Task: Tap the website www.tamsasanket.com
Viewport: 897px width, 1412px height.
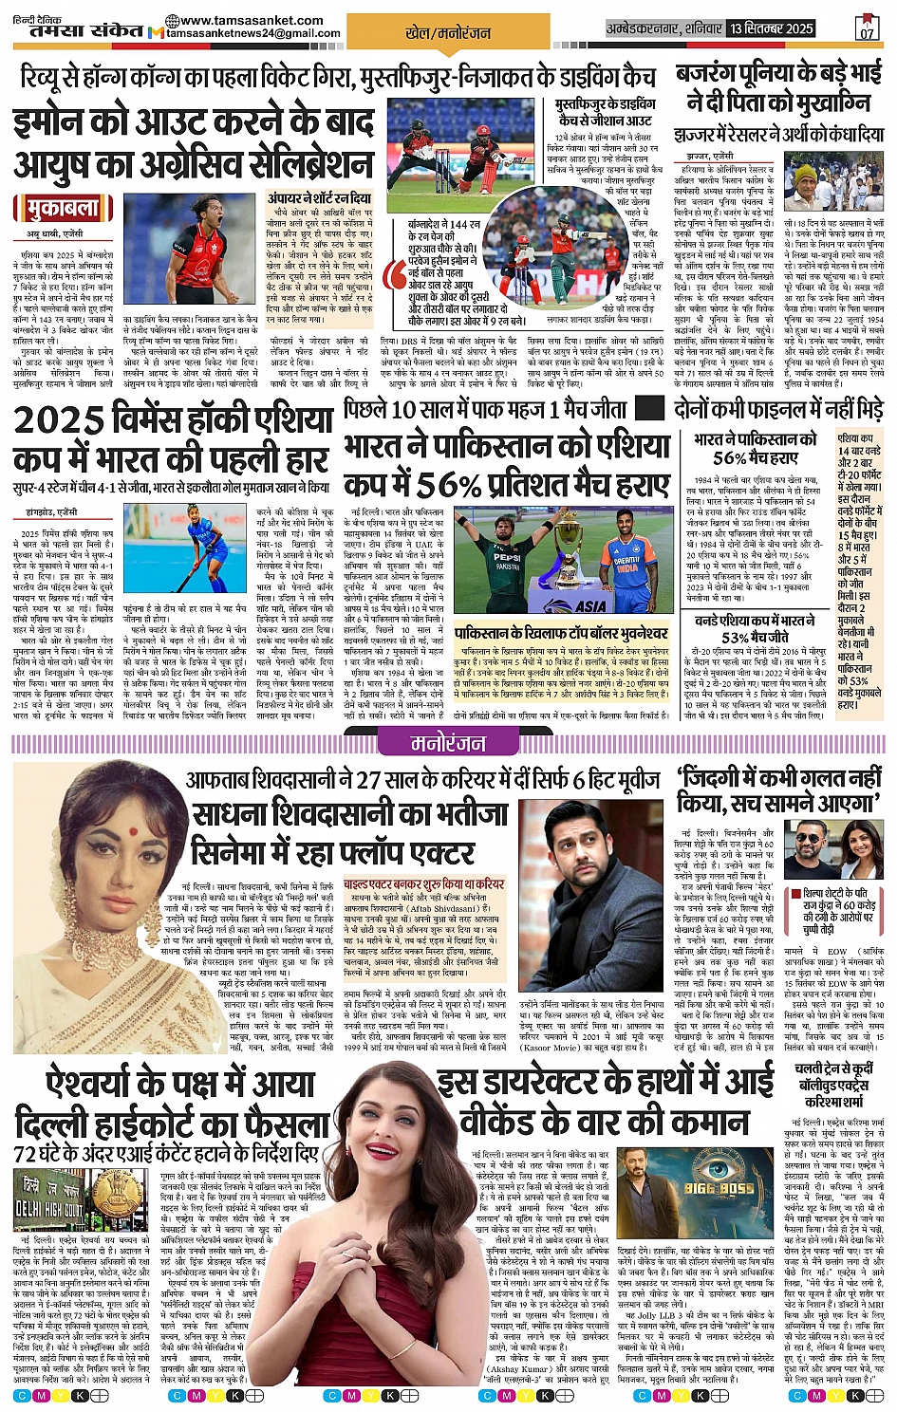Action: pyautogui.click(x=251, y=20)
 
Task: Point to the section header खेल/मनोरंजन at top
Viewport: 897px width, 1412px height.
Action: pyautogui.click(x=448, y=32)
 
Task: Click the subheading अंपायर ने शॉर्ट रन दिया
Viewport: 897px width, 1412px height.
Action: pyautogui.click(x=320, y=199)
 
